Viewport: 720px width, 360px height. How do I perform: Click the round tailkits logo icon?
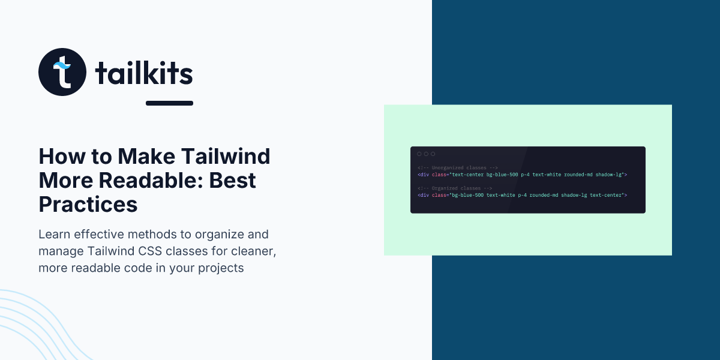[62, 72]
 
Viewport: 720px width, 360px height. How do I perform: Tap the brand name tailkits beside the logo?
[144, 73]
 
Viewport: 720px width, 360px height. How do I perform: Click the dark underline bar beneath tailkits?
[169, 103]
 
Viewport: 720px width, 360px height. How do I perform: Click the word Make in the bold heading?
[146, 157]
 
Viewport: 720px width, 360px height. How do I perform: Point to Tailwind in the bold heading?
[226, 157]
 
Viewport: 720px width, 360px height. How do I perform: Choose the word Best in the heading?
[232, 181]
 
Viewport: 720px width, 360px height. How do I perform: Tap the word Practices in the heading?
[88, 205]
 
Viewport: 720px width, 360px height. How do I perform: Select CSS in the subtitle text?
[150, 251]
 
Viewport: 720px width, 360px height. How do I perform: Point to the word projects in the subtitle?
[221, 268]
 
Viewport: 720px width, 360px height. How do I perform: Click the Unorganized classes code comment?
[458, 168]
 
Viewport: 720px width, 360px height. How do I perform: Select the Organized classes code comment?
[455, 188]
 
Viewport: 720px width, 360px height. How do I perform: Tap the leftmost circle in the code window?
[419, 154]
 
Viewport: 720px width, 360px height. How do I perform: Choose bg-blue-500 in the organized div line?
[467, 196]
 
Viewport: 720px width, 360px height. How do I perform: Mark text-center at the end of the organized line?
[605, 196]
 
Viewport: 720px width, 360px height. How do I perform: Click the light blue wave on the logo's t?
[62, 65]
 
